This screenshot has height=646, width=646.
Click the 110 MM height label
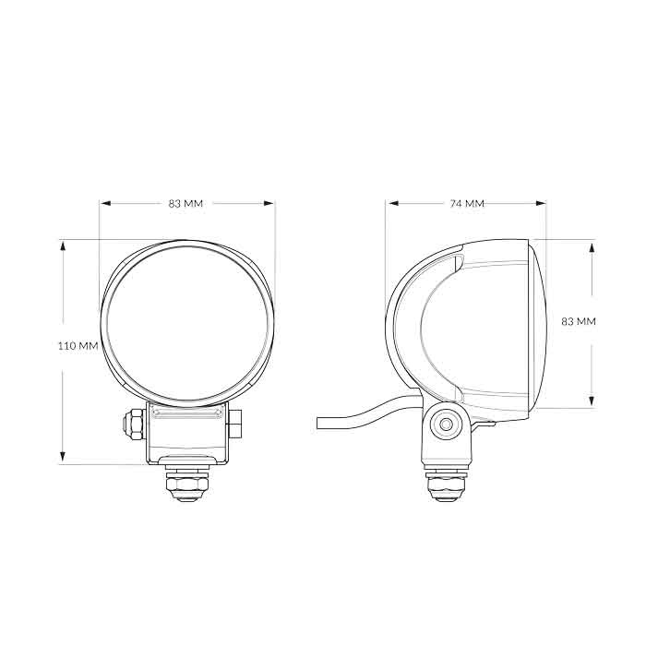pos(78,346)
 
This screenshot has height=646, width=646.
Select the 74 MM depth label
pos(467,203)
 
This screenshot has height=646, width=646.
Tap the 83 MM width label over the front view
pos(186,203)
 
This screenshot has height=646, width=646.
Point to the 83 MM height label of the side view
pos(579,321)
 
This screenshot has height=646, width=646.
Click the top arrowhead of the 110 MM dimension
pos(63,245)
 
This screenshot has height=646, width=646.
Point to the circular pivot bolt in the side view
pos(449,425)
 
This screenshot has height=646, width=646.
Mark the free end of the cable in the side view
pos(319,423)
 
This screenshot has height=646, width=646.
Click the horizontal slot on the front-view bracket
pos(187,416)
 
